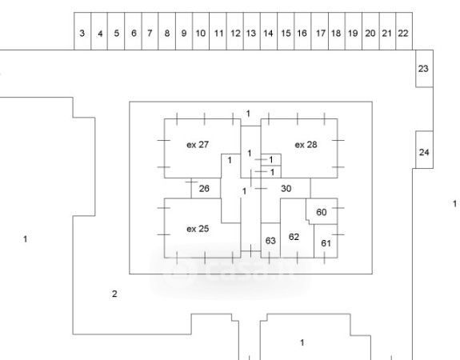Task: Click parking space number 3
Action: (x=82, y=31)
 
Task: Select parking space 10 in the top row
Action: (x=201, y=31)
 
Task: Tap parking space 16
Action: (x=302, y=31)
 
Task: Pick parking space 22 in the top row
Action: (x=404, y=31)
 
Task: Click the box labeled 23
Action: (x=424, y=69)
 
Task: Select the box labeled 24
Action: (x=424, y=150)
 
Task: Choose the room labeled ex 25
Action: (x=198, y=228)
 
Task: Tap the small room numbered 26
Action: (x=206, y=188)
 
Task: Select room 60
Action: (x=322, y=211)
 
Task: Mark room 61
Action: (x=326, y=242)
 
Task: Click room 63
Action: (x=270, y=241)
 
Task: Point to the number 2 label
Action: (x=114, y=294)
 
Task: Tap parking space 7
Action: (x=150, y=31)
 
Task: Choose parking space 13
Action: (x=252, y=31)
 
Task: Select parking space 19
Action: (x=354, y=31)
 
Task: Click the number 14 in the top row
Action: (x=268, y=33)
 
